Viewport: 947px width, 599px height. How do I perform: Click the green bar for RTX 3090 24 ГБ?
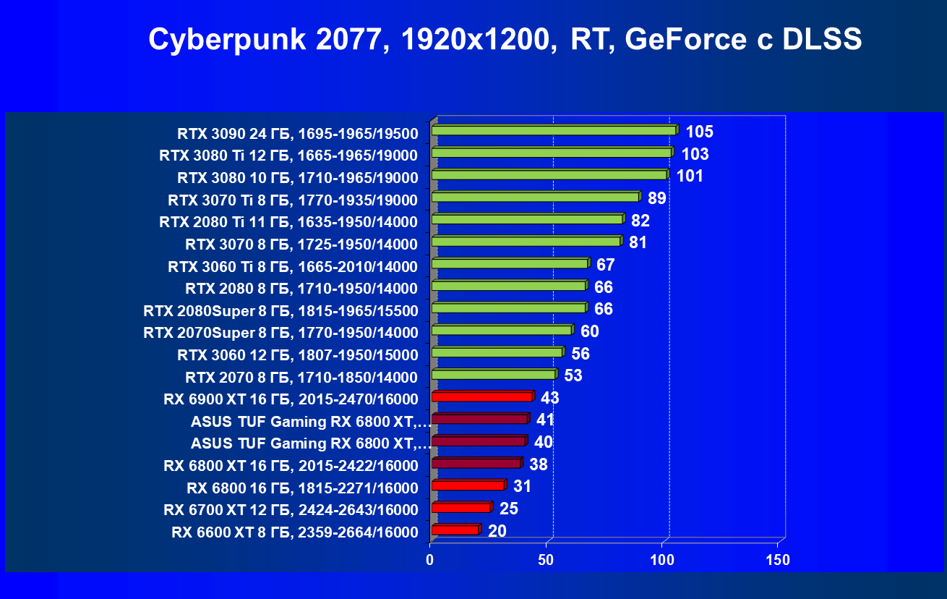click(x=554, y=130)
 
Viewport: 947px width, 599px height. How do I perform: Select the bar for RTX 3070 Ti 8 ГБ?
click(x=535, y=197)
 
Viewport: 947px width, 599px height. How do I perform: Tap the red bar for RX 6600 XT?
click(x=455, y=530)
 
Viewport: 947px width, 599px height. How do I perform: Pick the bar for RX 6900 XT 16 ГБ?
click(x=481, y=396)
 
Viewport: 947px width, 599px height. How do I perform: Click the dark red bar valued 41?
click(x=479, y=419)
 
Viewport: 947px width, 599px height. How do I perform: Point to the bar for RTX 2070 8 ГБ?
click(x=493, y=375)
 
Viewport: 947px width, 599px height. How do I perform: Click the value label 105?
click(x=699, y=132)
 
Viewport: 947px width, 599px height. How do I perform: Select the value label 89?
click(x=657, y=198)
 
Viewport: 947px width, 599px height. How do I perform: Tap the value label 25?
click(x=509, y=509)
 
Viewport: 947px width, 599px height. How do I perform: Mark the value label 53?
click(x=573, y=375)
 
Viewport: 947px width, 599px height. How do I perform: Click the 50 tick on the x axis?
click(x=547, y=560)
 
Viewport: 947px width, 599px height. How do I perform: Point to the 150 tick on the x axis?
click(x=778, y=560)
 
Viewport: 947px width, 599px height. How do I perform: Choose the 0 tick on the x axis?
click(x=431, y=560)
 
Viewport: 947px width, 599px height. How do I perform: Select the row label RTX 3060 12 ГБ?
click(x=298, y=355)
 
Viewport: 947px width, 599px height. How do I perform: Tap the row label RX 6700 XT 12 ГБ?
click(x=291, y=510)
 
